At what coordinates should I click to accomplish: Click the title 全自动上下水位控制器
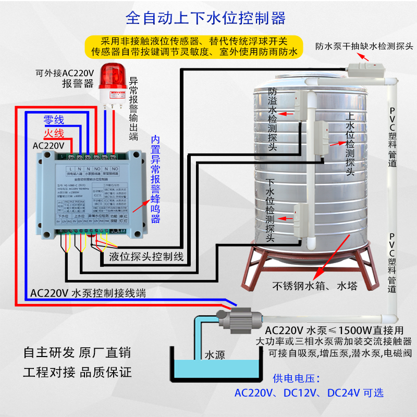pos(205,19)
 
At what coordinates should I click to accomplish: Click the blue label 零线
pos(54,120)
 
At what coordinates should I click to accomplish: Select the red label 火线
pos(53,133)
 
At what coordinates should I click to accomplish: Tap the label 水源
pos(214,355)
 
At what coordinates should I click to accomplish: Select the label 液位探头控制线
pos(146,256)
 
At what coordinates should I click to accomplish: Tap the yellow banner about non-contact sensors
pos(194,46)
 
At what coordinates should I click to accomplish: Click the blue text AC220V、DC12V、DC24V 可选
pos(309,393)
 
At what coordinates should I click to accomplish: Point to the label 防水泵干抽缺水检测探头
pos(364,45)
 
